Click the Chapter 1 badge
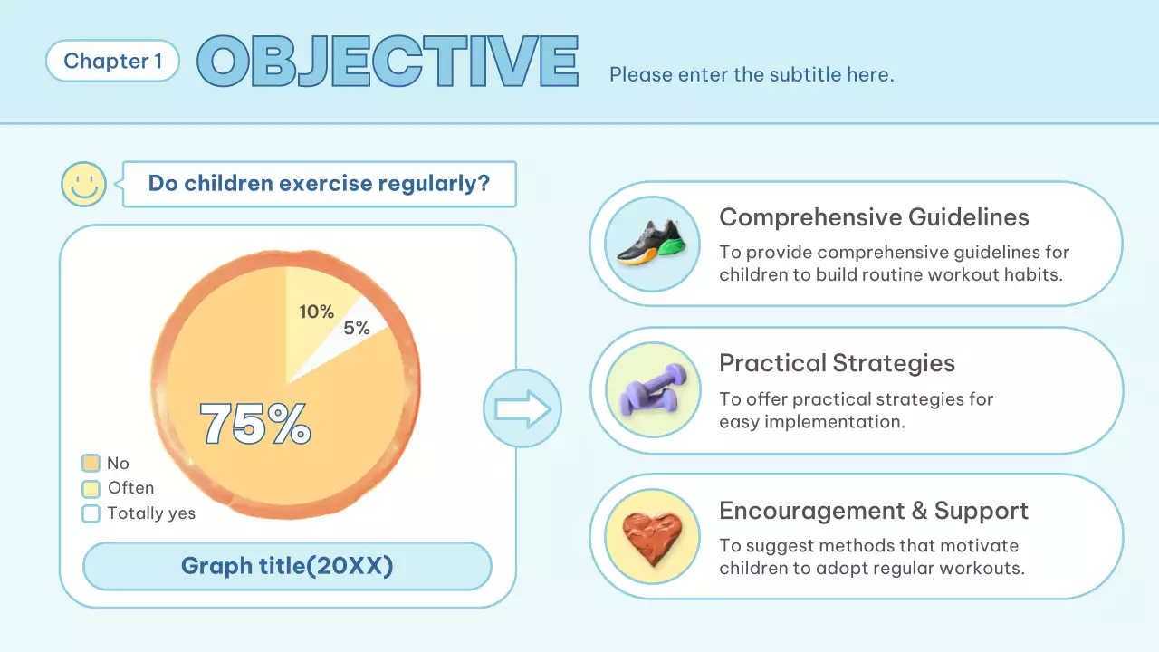click(x=112, y=62)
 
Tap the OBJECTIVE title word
click(x=388, y=62)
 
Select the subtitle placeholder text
click(x=752, y=74)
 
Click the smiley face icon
click(x=83, y=185)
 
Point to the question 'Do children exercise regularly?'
click(x=319, y=184)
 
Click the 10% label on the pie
click(x=316, y=312)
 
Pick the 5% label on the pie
click(x=357, y=328)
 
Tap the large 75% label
click(x=255, y=423)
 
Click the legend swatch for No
click(x=91, y=464)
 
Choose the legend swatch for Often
click(x=91, y=489)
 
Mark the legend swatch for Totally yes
click(x=91, y=513)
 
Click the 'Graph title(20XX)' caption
click(x=287, y=567)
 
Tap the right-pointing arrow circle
click(x=522, y=408)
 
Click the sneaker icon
click(x=652, y=244)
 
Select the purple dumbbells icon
click(x=652, y=390)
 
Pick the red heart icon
click(x=652, y=535)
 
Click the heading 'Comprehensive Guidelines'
click(x=874, y=217)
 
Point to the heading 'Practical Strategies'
click(x=837, y=363)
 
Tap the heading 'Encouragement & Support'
click(x=874, y=511)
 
